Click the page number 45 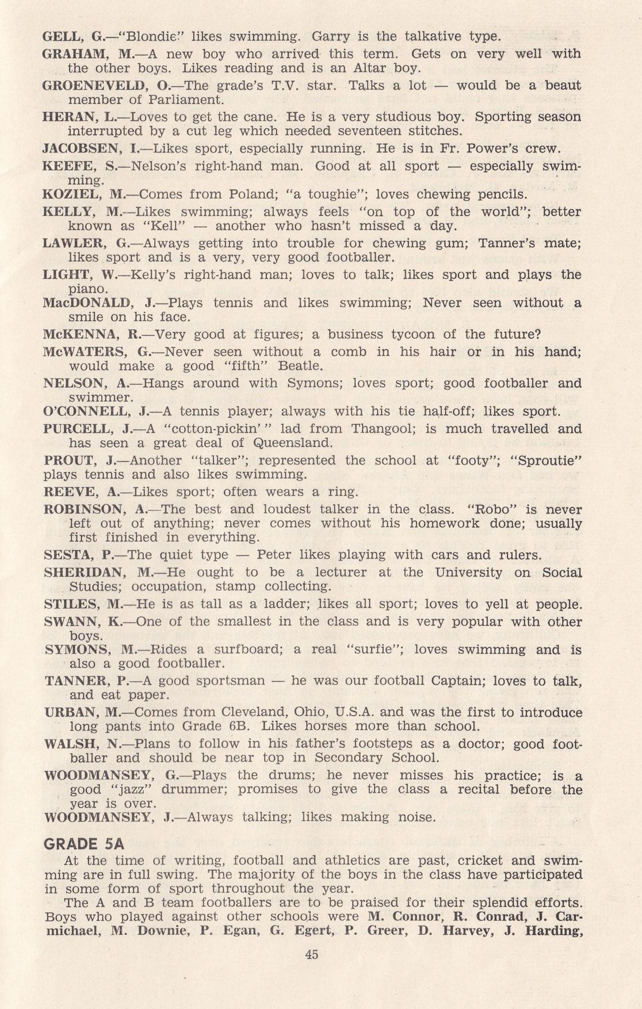coord(312,954)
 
